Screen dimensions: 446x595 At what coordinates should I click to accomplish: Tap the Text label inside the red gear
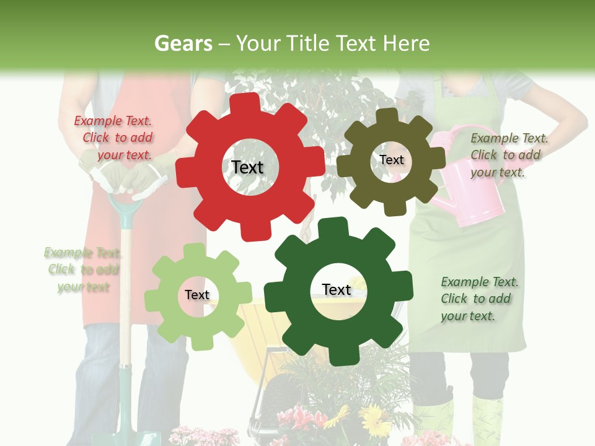click(247, 167)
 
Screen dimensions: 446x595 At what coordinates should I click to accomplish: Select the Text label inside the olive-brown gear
click(391, 160)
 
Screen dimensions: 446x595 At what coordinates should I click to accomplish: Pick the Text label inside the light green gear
click(197, 295)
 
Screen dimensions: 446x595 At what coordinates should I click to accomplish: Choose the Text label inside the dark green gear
click(337, 289)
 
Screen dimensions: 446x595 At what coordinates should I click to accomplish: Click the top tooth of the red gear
click(247, 104)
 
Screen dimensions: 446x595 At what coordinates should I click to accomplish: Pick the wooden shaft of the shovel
click(125, 297)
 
